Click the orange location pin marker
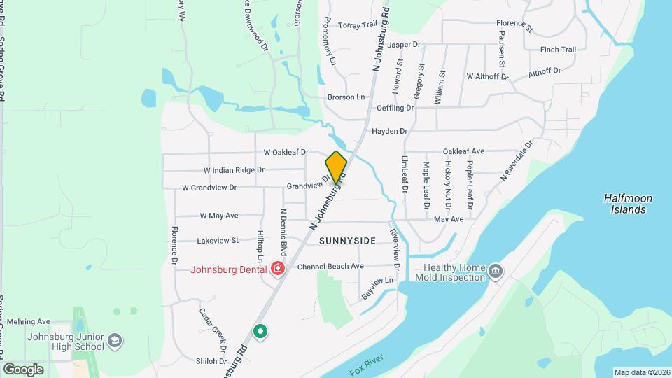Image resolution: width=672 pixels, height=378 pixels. [x=336, y=167]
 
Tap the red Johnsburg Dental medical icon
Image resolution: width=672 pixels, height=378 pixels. [x=278, y=269]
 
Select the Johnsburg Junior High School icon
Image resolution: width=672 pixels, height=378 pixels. [x=115, y=342]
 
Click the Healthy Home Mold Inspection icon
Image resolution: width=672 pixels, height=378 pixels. [x=496, y=271]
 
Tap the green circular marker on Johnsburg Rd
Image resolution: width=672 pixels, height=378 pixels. [x=261, y=330]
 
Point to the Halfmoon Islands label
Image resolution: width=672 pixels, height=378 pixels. [x=628, y=204]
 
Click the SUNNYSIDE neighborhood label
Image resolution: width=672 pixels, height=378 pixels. [x=347, y=241]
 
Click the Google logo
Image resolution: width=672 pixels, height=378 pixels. [x=23, y=369]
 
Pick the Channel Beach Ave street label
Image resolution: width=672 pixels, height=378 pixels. [x=330, y=266]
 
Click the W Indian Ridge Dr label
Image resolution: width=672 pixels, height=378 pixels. [x=234, y=170]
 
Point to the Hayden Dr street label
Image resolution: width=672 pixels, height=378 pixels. [x=390, y=131]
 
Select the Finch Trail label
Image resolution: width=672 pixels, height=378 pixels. [x=558, y=50]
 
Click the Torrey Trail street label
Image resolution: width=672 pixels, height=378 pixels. [x=358, y=25]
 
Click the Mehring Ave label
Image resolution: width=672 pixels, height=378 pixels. [x=29, y=322]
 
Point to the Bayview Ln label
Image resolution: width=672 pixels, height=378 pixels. [x=379, y=288]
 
